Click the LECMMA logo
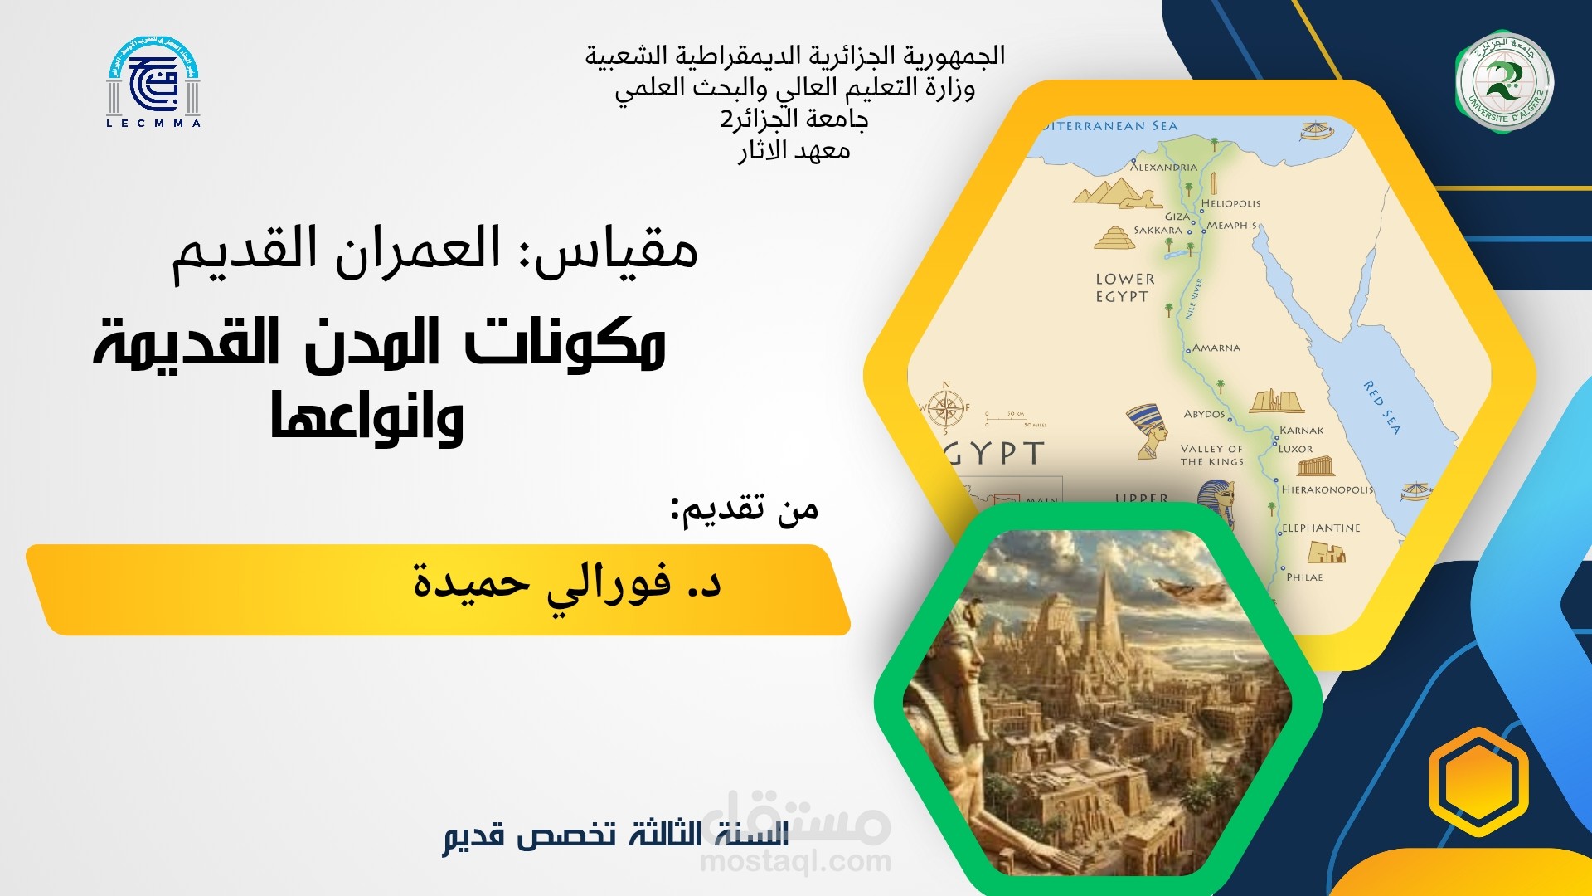(x=153, y=83)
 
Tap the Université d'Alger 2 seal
(x=1504, y=83)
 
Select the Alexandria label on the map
(x=1163, y=168)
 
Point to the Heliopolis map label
(x=1230, y=204)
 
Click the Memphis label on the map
(x=1231, y=226)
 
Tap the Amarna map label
(x=1216, y=348)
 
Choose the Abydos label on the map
(x=1204, y=414)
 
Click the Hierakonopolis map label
(x=1327, y=490)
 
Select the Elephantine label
(x=1321, y=528)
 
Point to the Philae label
(x=1304, y=577)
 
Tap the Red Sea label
(x=1382, y=407)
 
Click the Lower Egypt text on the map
(x=1124, y=288)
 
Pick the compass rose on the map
(x=944, y=408)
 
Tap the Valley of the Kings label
(x=1211, y=455)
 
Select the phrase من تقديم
(x=745, y=509)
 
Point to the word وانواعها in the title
(x=367, y=417)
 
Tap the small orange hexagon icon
(x=1478, y=782)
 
